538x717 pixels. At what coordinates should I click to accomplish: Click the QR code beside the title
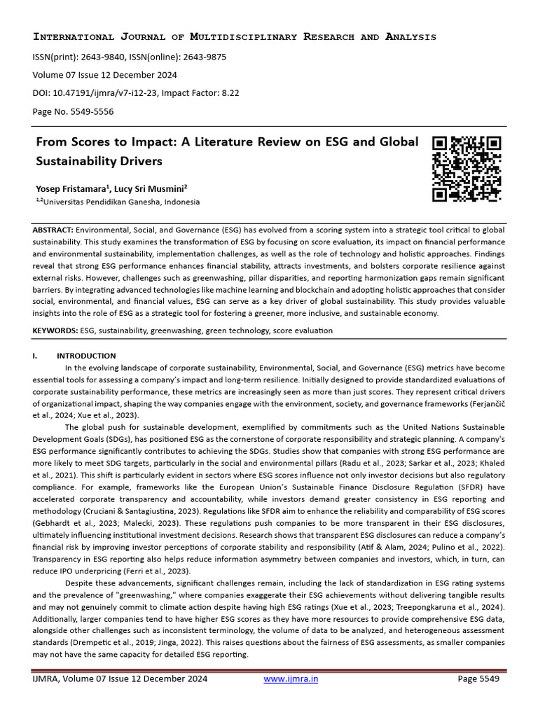[466, 169]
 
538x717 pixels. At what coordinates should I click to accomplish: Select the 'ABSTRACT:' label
[53, 230]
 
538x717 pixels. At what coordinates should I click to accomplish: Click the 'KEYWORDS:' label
[55, 330]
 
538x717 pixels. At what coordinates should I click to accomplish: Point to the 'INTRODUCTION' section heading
[86, 356]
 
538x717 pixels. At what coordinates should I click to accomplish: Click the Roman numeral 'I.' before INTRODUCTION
[35, 356]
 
